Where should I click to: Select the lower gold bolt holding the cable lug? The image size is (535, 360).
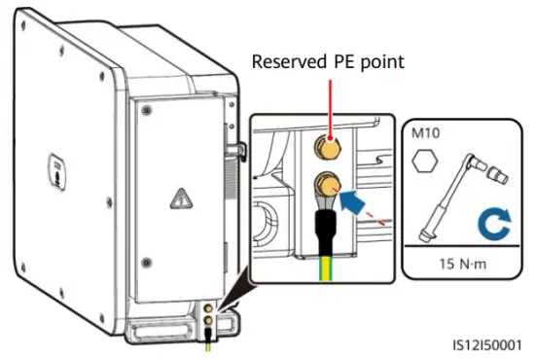tap(327, 185)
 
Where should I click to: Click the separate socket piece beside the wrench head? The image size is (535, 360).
tap(499, 175)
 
